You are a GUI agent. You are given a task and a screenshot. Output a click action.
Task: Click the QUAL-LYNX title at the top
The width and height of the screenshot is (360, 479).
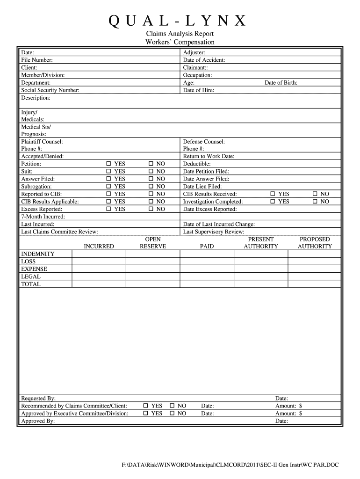pyautogui.click(x=180, y=21)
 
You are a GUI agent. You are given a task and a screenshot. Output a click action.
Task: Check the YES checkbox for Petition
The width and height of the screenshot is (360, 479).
pyautogui.click(x=108, y=164)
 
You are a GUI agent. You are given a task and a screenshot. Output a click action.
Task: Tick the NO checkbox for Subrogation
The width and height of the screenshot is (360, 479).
pyautogui.click(x=151, y=187)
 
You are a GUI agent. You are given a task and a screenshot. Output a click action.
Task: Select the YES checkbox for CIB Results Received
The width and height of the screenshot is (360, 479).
pyautogui.click(x=273, y=194)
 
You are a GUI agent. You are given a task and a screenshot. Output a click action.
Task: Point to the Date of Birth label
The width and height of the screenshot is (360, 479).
pyautogui.click(x=281, y=83)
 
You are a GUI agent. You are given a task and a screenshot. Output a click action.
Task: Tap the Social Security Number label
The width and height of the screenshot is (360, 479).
pyautogui.click(x=50, y=90)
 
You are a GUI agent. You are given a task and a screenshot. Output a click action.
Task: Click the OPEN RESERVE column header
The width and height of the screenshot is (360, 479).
pyautogui.click(x=153, y=243)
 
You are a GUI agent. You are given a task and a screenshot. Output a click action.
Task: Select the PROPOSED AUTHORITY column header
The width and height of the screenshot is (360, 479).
pyautogui.click(x=315, y=243)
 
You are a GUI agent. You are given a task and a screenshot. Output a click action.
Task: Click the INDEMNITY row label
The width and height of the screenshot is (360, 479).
pyautogui.click(x=38, y=254)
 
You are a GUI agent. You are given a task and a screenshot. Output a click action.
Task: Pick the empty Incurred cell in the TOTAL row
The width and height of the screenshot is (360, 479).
pyautogui.click(x=99, y=284)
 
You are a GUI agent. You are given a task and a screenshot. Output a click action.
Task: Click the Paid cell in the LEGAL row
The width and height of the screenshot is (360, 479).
pyautogui.click(x=207, y=276)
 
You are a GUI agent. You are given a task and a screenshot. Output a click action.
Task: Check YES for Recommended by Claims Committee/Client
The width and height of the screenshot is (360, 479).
pyautogui.click(x=146, y=406)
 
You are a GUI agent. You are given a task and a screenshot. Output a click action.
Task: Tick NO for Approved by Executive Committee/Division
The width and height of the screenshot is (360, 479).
pyautogui.click(x=172, y=414)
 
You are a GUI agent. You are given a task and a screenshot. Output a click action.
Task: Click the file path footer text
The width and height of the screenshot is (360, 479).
pyautogui.click(x=230, y=465)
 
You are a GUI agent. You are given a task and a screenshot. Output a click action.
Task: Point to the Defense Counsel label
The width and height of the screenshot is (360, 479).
pyautogui.click(x=204, y=142)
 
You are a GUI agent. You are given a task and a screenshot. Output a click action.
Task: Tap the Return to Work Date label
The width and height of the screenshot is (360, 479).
pyautogui.click(x=209, y=157)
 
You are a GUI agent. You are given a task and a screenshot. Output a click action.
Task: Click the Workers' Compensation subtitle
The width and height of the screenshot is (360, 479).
pyautogui.click(x=180, y=42)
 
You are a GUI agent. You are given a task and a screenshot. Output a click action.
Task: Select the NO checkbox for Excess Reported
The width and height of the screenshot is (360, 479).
pyautogui.click(x=151, y=209)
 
